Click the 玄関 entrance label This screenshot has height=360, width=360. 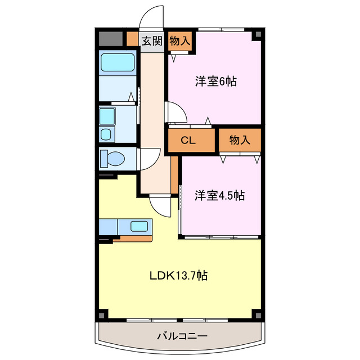pyautogui.click(x=152, y=40)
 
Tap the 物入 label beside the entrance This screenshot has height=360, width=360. pyautogui.click(x=180, y=40)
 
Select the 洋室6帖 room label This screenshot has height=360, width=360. pyautogui.click(x=216, y=82)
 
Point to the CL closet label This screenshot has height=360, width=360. pyautogui.click(x=188, y=141)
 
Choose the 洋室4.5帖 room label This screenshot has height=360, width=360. pyautogui.click(x=220, y=196)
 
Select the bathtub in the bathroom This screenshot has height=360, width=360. pyautogui.click(x=118, y=64)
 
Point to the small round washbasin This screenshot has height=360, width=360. pyautogui.click(x=106, y=134)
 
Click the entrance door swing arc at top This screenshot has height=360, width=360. pyautogui.click(x=151, y=15)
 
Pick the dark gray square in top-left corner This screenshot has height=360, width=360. pyautogui.click(x=110, y=38)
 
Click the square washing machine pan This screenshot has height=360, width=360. pyautogui.click(x=107, y=116)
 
